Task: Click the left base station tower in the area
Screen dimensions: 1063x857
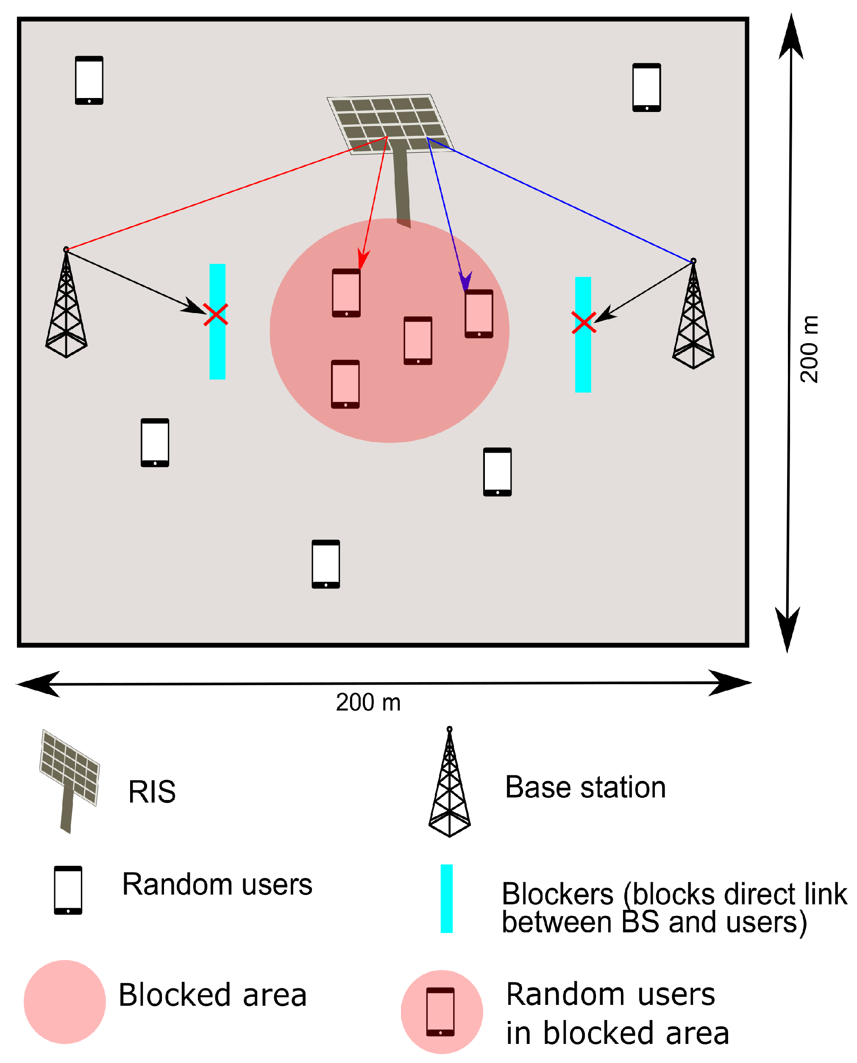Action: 66,306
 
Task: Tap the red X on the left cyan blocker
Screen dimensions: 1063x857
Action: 216,315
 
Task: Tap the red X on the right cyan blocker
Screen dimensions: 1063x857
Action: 584,322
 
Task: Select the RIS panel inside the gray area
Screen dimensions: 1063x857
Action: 390,123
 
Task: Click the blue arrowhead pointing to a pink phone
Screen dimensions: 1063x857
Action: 465,282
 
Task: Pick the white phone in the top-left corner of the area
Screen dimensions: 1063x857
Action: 89,81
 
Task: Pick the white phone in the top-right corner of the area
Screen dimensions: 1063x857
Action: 647,87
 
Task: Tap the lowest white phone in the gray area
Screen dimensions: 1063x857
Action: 326,564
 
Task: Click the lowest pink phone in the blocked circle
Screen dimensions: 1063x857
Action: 345,384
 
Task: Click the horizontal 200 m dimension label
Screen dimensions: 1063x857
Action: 368,702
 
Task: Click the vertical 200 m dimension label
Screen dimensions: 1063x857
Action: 809,349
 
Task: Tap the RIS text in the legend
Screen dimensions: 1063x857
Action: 152,792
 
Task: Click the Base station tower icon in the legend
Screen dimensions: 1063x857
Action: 449,783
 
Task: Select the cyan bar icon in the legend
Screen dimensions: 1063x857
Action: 447,898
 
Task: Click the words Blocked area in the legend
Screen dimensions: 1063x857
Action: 212,995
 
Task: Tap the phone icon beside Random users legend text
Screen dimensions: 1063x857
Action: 68,890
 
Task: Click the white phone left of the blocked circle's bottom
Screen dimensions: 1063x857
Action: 155,442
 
